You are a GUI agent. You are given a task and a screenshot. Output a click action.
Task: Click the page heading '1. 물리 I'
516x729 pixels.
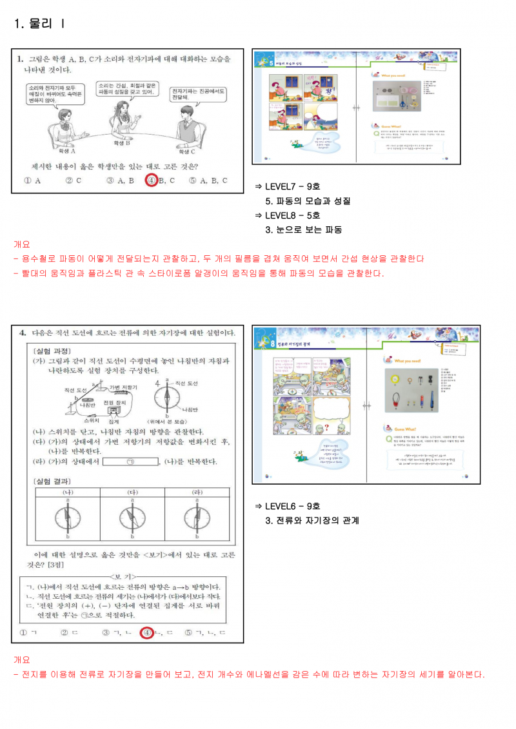coord(39,24)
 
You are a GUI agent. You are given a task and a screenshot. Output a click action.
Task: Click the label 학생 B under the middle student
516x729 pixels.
coord(122,143)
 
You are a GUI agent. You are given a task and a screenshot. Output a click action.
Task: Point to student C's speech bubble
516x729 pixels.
coord(199,95)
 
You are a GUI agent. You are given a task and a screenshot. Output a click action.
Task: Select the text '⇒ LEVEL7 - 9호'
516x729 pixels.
coord(288,186)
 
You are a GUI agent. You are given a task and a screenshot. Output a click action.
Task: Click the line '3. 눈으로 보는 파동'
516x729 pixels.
coord(303,229)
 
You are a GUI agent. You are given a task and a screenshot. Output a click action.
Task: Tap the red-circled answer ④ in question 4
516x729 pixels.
coord(148,632)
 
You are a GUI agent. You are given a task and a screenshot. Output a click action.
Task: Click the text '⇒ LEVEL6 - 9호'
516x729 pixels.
coord(288,506)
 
